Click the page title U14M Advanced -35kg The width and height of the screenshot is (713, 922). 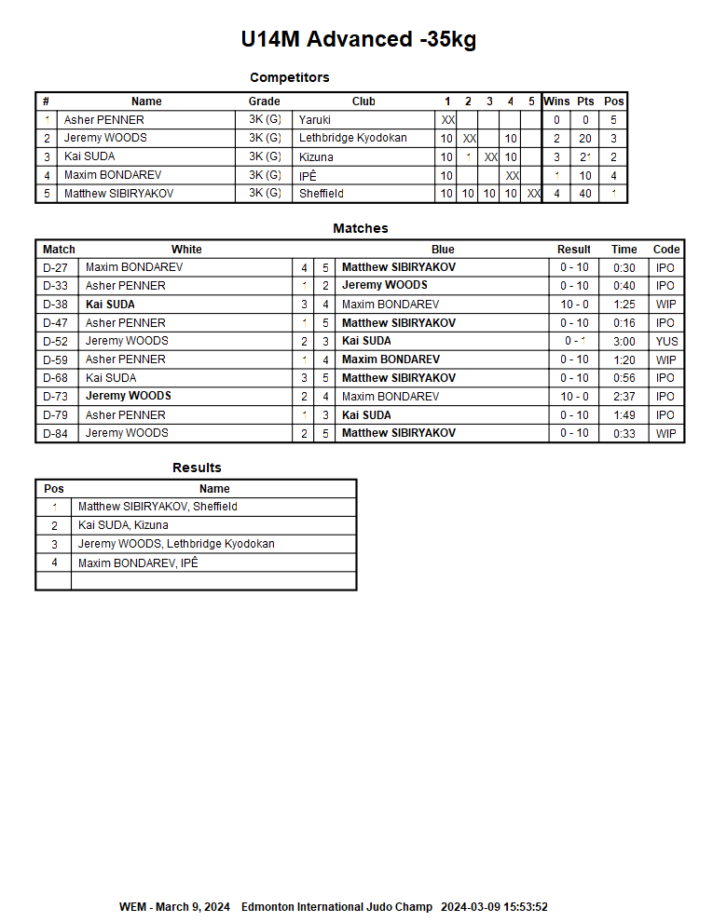[359, 39]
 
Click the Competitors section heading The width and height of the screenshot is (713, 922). [290, 77]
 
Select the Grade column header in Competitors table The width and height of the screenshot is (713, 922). [265, 102]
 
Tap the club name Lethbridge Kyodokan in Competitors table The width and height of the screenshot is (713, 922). [352, 138]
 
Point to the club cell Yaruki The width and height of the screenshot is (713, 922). [315, 120]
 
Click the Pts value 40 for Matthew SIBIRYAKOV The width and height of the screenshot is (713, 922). [585, 194]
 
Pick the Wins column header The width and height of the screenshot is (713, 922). [556, 102]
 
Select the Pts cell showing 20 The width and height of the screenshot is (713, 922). [585, 138]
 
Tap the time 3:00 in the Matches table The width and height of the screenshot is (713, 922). [624, 341]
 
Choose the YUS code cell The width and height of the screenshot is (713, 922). [666, 341]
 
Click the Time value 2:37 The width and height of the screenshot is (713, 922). [624, 397]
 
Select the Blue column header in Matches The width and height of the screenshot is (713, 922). [443, 250]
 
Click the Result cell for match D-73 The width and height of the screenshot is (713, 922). [574, 397]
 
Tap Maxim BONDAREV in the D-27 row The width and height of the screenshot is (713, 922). [134, 267]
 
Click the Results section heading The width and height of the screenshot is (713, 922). [197, 468]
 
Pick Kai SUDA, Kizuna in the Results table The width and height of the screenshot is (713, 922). [123, 525]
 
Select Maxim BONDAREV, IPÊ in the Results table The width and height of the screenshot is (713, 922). [138, 563]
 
